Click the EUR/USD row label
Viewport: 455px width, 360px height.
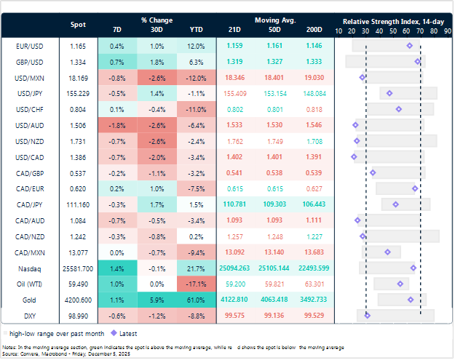click(28, 46)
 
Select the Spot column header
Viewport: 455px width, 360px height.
click(79, 25)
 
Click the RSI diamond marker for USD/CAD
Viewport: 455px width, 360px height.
click(354, 156)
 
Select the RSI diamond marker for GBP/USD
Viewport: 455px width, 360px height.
click(417, 62)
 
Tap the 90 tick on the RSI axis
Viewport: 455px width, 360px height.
click(446, 32)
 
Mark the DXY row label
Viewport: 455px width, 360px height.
click(28, 315)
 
